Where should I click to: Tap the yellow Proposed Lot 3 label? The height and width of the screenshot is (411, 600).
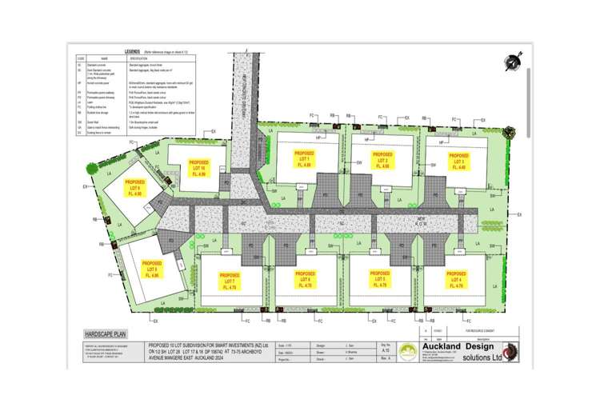[x=458, y=159]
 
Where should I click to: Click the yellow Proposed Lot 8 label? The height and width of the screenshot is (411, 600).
[x=151, y=269]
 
